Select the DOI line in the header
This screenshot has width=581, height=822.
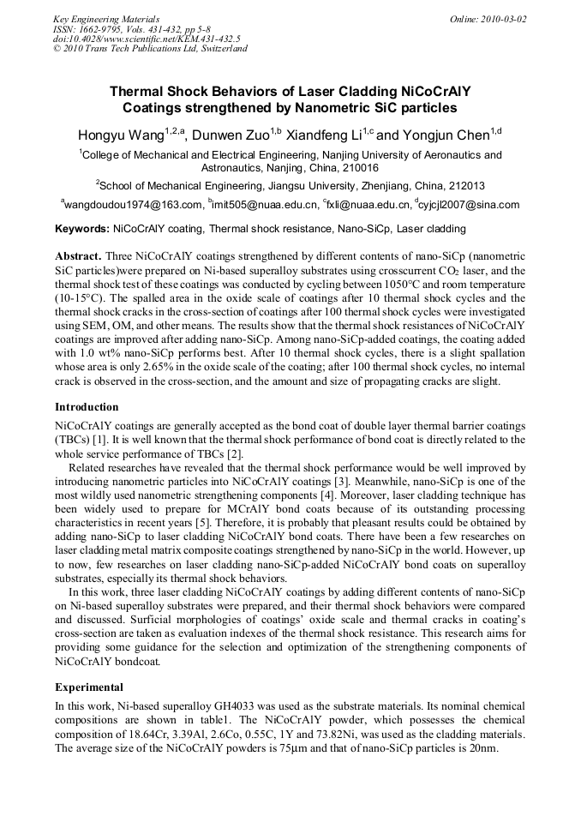point(147,39)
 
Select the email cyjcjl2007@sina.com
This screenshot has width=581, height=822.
point(470,205)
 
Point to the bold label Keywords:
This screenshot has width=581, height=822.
point(82,229)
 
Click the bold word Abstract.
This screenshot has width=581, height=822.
point(78,256)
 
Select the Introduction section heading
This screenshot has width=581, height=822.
point(87,406)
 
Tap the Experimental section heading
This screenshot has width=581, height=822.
point(89,687)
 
